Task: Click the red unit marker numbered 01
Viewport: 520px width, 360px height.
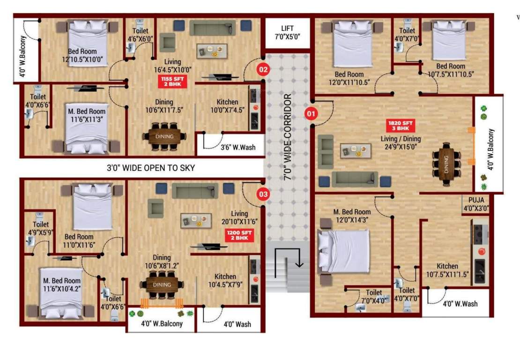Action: pos(311,113)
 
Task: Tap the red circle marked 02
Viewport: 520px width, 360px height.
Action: pos(263,70)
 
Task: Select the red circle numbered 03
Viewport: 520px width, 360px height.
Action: pos(263,193)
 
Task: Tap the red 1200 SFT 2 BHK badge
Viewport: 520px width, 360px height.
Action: pos(240,236)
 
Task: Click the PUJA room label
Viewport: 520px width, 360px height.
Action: pos(476,203)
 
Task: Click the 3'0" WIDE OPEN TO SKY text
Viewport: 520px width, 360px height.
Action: pos(150,168)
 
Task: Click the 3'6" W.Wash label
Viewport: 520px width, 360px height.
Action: pos(238,147)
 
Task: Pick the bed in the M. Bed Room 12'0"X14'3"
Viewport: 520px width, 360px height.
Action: pos(343,251)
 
